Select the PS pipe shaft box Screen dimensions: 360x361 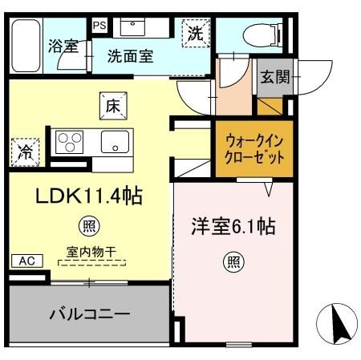(x=99, y=25)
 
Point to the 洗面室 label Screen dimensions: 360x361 (x=131, y=56)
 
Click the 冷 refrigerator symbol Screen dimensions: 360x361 (x=24, y=150)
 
